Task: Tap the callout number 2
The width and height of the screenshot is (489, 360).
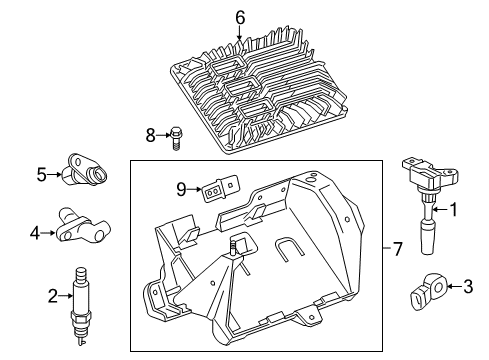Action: click(x=53, y=295)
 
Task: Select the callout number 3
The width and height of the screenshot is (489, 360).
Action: click(x=467, y=288)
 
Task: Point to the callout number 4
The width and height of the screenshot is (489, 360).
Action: click(x=35, y=234)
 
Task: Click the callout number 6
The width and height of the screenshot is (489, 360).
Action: click(x=239, y=16)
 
